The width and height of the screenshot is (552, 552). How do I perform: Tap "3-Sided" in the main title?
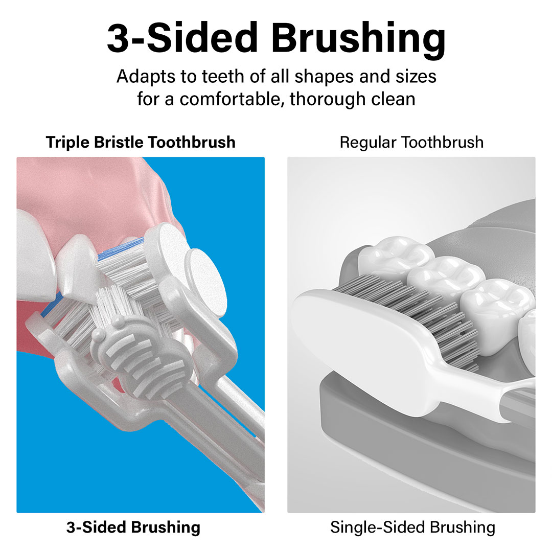182,37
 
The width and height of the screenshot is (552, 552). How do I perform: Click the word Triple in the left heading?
67,143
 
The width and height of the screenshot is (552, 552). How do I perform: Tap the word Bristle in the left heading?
119,142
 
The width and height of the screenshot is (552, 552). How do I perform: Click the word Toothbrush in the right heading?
443,142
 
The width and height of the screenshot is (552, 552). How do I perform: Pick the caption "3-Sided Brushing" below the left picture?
133,527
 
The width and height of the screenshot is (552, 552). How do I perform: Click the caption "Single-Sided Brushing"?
412,527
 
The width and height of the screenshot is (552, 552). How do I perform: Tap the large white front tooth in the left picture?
35,254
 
